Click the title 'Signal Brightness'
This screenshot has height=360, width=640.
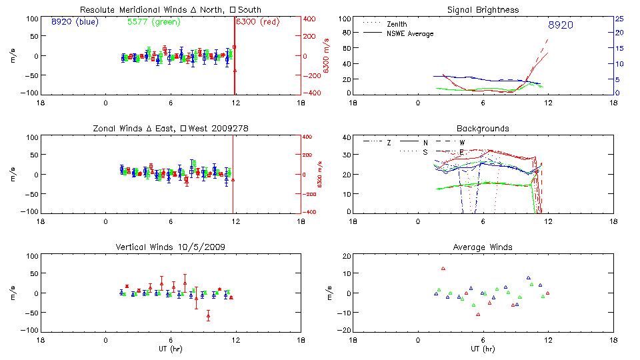point(483,10)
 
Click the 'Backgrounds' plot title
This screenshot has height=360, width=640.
point(483,128)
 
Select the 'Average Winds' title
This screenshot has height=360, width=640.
point(483,247)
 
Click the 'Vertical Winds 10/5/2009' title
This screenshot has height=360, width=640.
point(171,247)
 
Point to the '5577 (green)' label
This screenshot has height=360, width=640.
point(152,22)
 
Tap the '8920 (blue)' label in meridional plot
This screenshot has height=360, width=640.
point(74,22)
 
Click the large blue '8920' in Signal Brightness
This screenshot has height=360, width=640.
point(561,25)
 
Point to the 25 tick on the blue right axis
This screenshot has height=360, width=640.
point(619,19)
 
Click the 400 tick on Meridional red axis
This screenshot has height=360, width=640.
point(311,19)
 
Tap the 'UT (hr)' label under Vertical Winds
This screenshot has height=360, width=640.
point(171,349)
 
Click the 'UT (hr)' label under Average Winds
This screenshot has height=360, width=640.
point(483,349)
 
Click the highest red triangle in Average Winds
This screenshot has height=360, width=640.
point(443,269)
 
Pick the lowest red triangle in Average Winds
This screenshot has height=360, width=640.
point(478,314)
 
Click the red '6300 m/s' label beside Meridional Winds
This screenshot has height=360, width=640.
point(327,56)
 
